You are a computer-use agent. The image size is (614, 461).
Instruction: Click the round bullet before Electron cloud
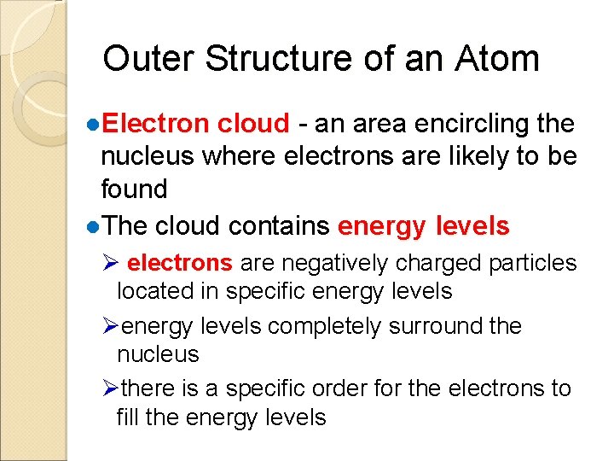[x=93, y=125]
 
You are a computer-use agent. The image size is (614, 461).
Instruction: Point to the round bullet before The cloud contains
[x=93, y=226]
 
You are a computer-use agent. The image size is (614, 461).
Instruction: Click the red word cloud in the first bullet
[x=253, y=124]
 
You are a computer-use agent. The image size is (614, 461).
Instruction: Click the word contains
[x=285, y=226]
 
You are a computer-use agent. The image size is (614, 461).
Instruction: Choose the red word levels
[x=472, y=226]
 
